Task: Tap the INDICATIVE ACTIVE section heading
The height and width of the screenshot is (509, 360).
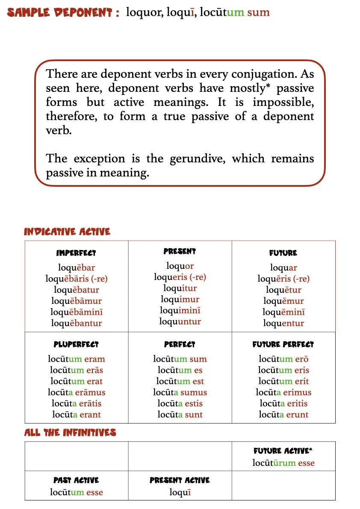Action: click(67, 232)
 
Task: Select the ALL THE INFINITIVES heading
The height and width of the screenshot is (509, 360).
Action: click(70, 433)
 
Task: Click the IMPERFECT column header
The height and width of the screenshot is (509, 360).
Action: click(76, 253)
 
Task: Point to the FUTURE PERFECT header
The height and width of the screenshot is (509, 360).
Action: click(283, 344)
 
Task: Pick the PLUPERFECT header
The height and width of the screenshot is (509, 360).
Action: click(76, 344)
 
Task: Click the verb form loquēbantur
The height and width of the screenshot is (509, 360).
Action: click(77, 323)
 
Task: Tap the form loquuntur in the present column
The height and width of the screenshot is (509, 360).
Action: click(180, 321)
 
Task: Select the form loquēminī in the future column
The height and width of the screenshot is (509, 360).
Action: click(283, 312)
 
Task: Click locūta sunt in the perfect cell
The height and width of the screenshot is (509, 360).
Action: click(180, 415)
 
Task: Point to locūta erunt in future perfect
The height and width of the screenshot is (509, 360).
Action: click(283, 415)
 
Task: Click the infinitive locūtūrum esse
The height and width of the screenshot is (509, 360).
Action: click(283, 463)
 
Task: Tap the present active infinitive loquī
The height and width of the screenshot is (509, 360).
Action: click(180, 492)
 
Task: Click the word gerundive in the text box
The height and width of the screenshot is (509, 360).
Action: click(199, 159)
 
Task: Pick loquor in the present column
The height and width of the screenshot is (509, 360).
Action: click(180, 266)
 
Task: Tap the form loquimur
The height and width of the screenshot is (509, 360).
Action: click(180, 299)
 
